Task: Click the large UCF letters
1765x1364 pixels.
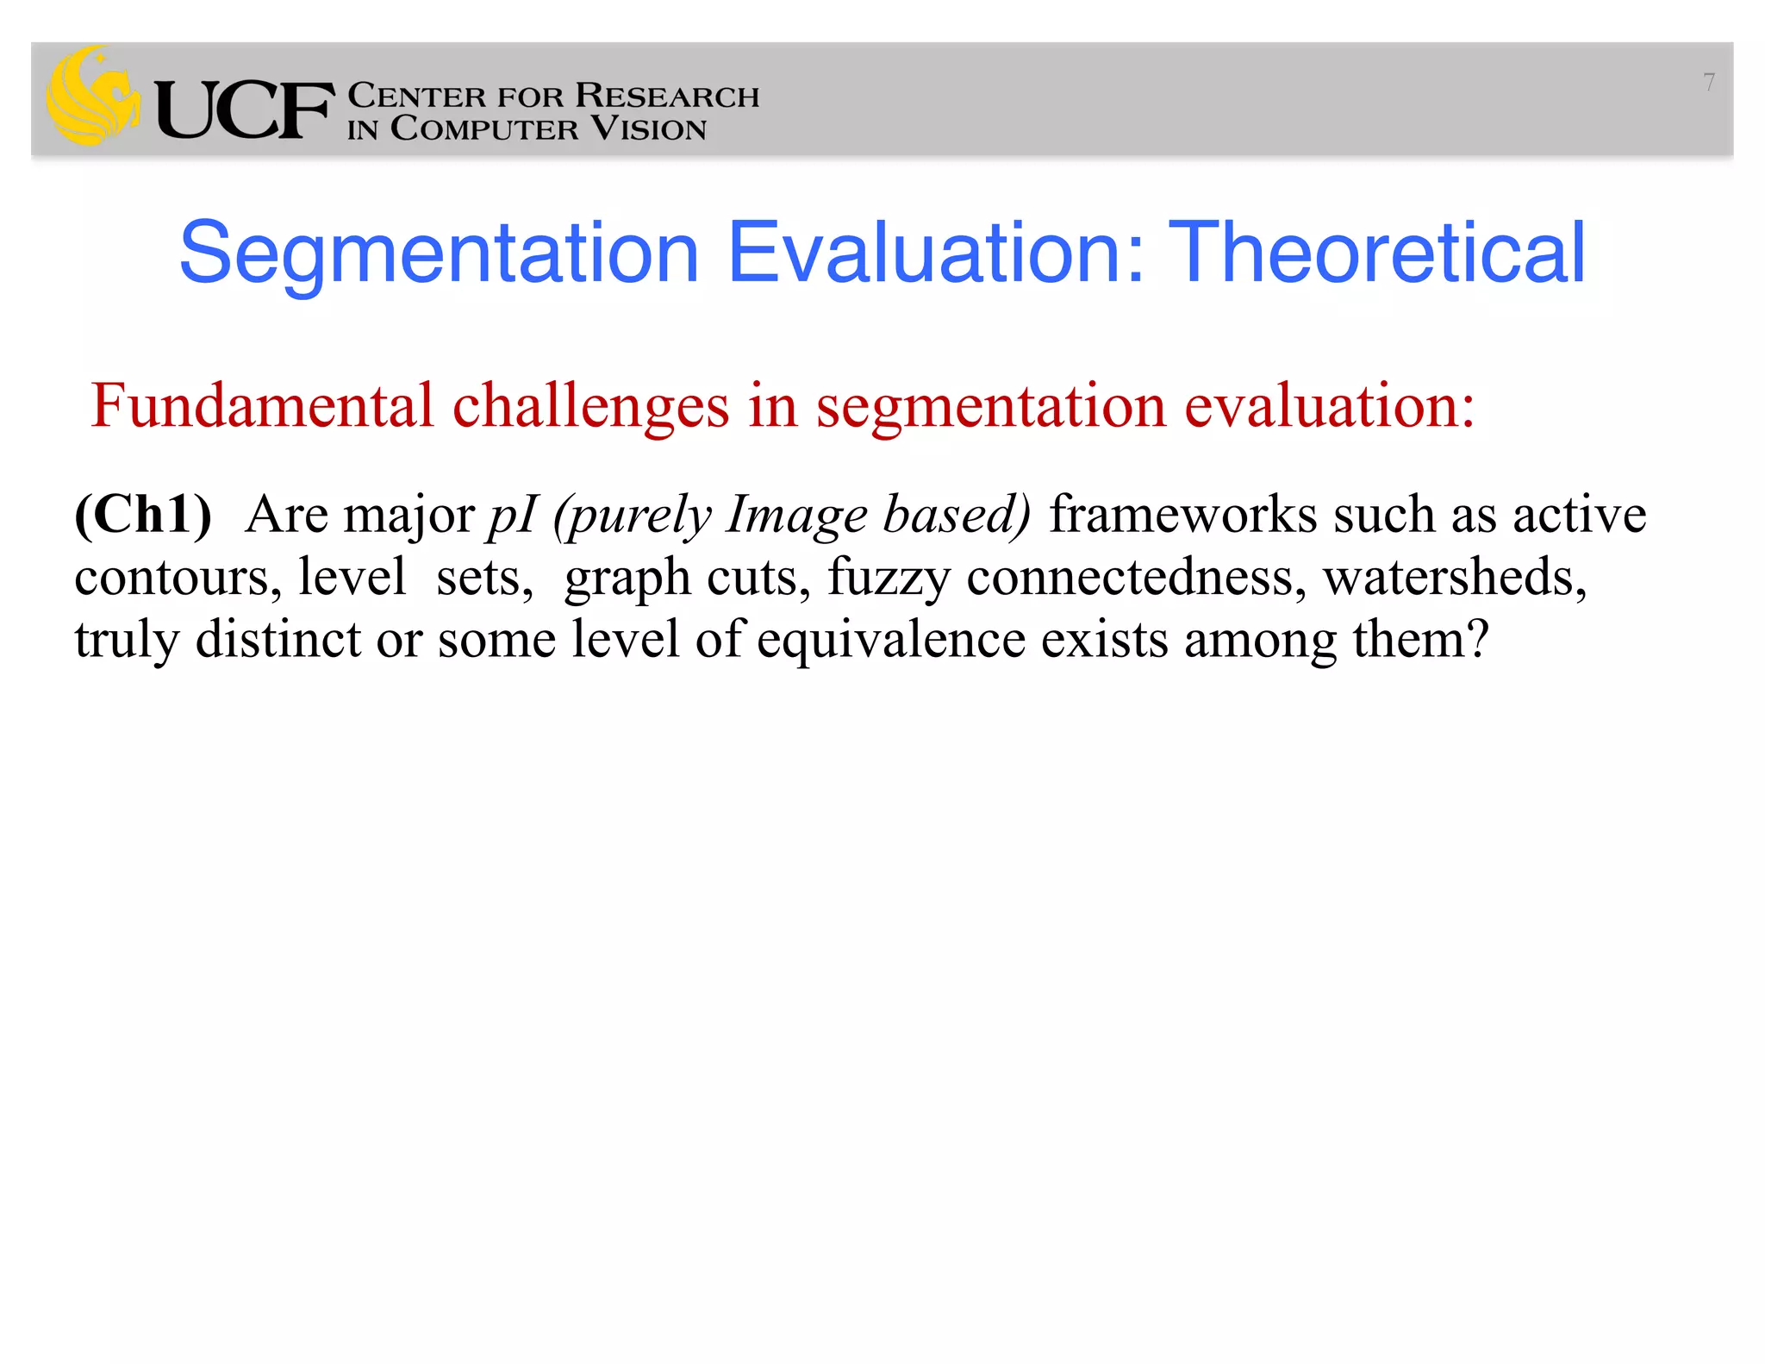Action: click(245, 110)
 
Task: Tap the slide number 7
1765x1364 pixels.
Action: click(1708, 83)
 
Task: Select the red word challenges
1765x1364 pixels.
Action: click(590, 407)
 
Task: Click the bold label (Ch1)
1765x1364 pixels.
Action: click(143, 515)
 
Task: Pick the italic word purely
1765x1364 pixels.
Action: click(633, 516)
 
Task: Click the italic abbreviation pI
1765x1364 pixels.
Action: click(513, 516)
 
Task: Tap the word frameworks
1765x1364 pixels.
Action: click(1183, 515)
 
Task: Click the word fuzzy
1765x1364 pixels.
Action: click(889, 577)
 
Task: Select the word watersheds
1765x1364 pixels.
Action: click(1454, 577)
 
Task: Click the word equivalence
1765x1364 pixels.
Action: click(891, 641)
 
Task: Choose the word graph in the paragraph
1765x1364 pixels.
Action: click(627, 579)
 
